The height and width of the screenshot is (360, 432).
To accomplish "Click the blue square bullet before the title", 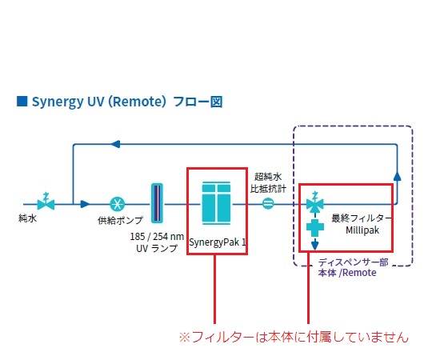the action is point(22,101).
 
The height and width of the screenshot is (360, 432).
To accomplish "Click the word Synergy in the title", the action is point(58,102).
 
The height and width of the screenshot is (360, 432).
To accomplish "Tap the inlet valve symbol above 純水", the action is point(46,202).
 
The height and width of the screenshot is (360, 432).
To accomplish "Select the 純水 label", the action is point(27,218).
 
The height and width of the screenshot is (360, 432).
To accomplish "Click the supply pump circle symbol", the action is point(118,204).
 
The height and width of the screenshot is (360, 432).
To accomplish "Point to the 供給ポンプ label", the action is point(120,220).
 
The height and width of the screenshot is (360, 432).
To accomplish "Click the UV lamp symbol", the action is point(157,203).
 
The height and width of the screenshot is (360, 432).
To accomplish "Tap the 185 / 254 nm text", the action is point(157,237).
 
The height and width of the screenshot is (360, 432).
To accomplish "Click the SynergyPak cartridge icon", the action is point(216,203).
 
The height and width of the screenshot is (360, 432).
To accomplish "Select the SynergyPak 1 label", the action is point(218,242).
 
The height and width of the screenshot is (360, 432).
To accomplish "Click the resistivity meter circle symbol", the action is point(267,204).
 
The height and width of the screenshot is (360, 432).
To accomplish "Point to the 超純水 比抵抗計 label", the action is point(268,183).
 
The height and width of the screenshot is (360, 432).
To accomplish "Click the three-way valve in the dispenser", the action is point(315,203).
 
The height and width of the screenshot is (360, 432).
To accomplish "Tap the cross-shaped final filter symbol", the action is point(315,228).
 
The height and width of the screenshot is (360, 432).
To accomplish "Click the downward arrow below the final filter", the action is point(315,244).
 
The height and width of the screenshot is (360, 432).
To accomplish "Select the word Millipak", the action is point(362,230).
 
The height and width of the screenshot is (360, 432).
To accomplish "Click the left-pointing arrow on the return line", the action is point(115,144).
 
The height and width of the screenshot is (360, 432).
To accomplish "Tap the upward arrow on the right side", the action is point(397,177).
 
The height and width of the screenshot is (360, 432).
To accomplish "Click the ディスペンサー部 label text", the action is point(354,262).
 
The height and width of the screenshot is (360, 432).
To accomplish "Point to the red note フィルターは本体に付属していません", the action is point(294,337).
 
